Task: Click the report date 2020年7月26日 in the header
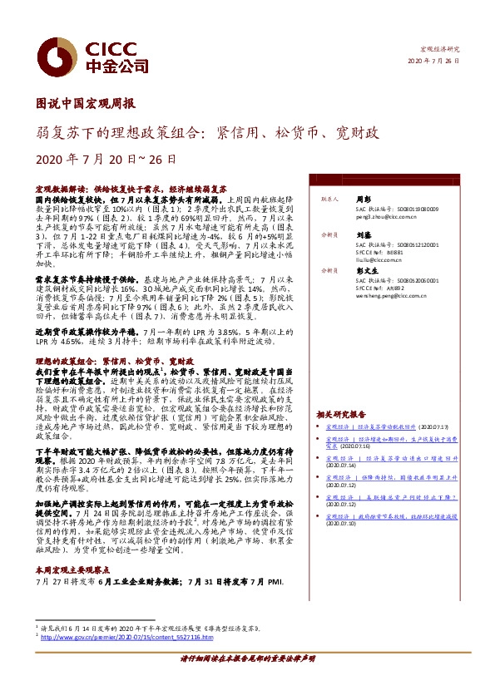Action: point(434,62)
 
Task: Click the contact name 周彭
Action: point(363,200)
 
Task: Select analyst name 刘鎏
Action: point(363,235)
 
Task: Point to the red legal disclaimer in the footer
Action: point(248,681)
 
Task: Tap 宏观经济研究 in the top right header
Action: point(440,51)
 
